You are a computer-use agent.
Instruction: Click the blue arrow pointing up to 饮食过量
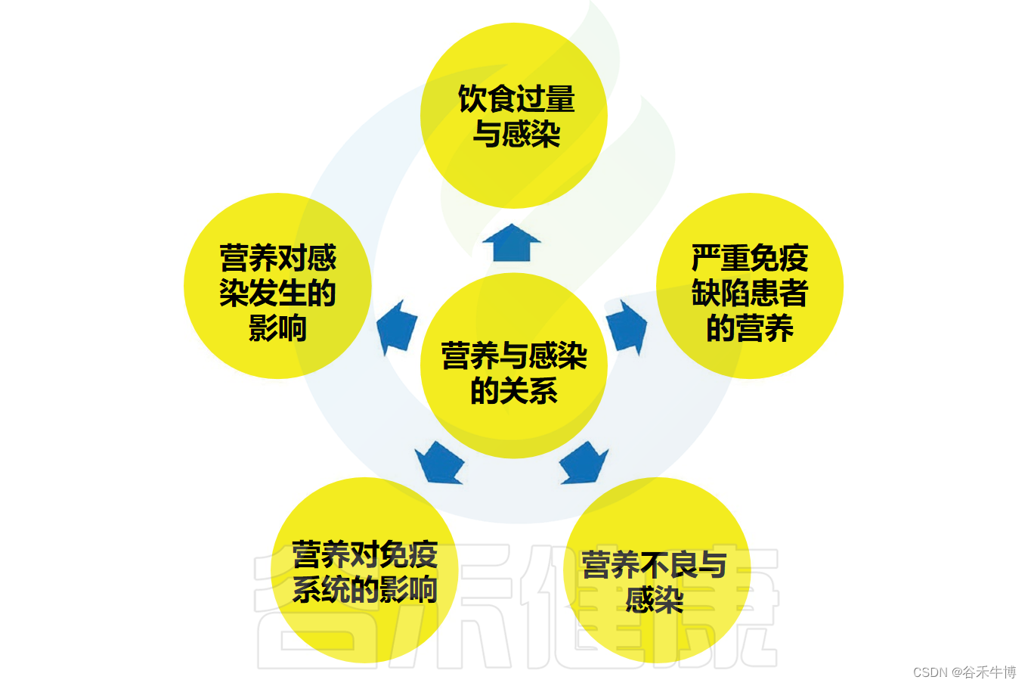[x=512, y=243]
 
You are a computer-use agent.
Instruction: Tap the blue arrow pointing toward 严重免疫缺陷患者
[x=627, y=326]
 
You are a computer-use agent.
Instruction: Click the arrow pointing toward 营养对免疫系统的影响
[x=439, y=461]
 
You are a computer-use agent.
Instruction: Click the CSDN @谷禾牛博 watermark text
[x=964, y=672]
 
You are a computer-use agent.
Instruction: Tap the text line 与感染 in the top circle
[x=516, y=135]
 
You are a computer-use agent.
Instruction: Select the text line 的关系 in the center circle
[x=514, y=391]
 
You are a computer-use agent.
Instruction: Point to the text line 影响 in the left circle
[x=277, y=328]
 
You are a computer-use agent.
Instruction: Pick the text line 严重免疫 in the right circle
[x=749, y=259]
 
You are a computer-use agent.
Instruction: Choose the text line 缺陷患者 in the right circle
[x=749, y=293]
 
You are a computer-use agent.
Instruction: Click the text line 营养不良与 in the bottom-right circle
[x=654, y=565]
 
